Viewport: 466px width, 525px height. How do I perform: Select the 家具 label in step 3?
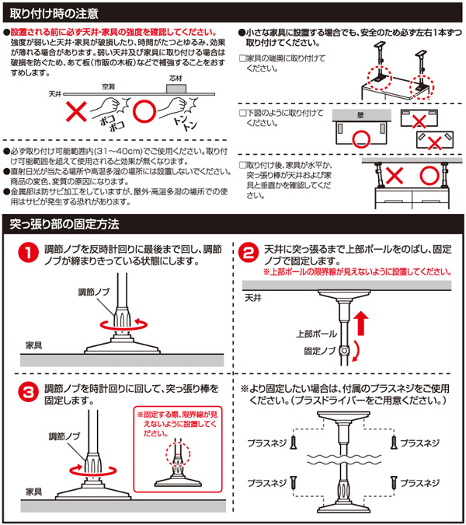[33, 492]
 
